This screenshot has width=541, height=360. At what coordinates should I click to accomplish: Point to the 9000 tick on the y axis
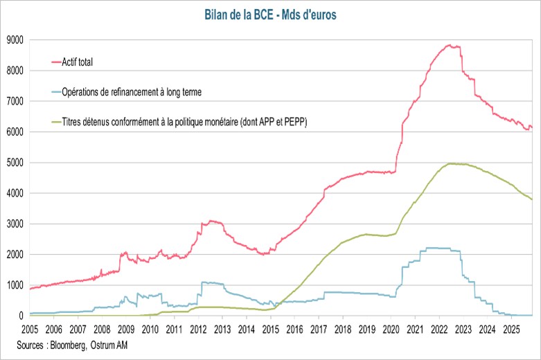pyautogui.click(x=15, y=40)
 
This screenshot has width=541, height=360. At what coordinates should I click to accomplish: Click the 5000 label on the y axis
pyautogui.click(x=15, y=163)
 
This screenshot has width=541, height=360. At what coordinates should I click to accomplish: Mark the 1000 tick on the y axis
pyautogui.click(x=15, y=285)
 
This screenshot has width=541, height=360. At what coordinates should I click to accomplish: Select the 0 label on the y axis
pyautogui.click(x=21, y=316)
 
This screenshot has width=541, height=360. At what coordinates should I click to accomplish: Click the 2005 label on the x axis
pyautogui.click(x=30, y=329)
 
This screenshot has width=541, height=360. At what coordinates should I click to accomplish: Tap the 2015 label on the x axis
pyautogui.click(x=270, y=329)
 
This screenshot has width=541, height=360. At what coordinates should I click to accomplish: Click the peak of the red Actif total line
pyautogui.click(x=450, y=46)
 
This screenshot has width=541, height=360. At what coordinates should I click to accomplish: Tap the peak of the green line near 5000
pyautogui.click(x=452, y=163)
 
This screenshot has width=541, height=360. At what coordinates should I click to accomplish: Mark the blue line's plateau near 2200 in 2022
pyautogui.click(x=440, y=248)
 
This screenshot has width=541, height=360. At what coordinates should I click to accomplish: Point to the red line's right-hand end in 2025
pyautogui.click(x=531, y=127)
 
